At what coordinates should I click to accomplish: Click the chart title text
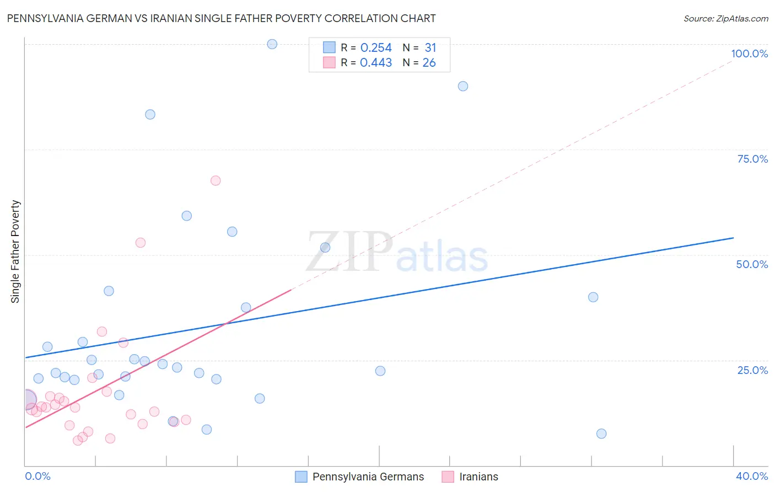(x=221, y=19)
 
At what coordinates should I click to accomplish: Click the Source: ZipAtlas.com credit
(x=725, y=19)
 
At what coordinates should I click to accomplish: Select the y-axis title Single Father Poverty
(x=15, y=252)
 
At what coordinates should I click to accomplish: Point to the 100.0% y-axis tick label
(x=749, y=54)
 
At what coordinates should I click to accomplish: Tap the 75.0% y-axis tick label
(x=752, y=159)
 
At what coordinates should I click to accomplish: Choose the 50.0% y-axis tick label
(x=752, y=264)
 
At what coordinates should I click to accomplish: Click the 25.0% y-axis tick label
(x=752, y=370)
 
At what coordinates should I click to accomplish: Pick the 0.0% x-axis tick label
(x=38, y=476)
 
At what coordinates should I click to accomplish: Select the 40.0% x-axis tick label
(x=751, y=476)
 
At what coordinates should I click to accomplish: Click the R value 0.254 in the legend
(x=376, y=48)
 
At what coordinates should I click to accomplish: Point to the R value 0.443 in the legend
(x=376, y=63)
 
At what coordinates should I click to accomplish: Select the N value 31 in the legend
(x=430, y=48)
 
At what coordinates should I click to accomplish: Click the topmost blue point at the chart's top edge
(x=272, y=44)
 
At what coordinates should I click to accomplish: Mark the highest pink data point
(x=216, y=181)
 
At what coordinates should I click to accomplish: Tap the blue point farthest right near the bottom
(x=601, y=434)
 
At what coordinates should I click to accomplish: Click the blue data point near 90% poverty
(x=463, y=86)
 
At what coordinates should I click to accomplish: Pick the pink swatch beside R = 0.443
(x=329, y=62)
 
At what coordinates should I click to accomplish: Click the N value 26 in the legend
(x=429, y=63)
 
